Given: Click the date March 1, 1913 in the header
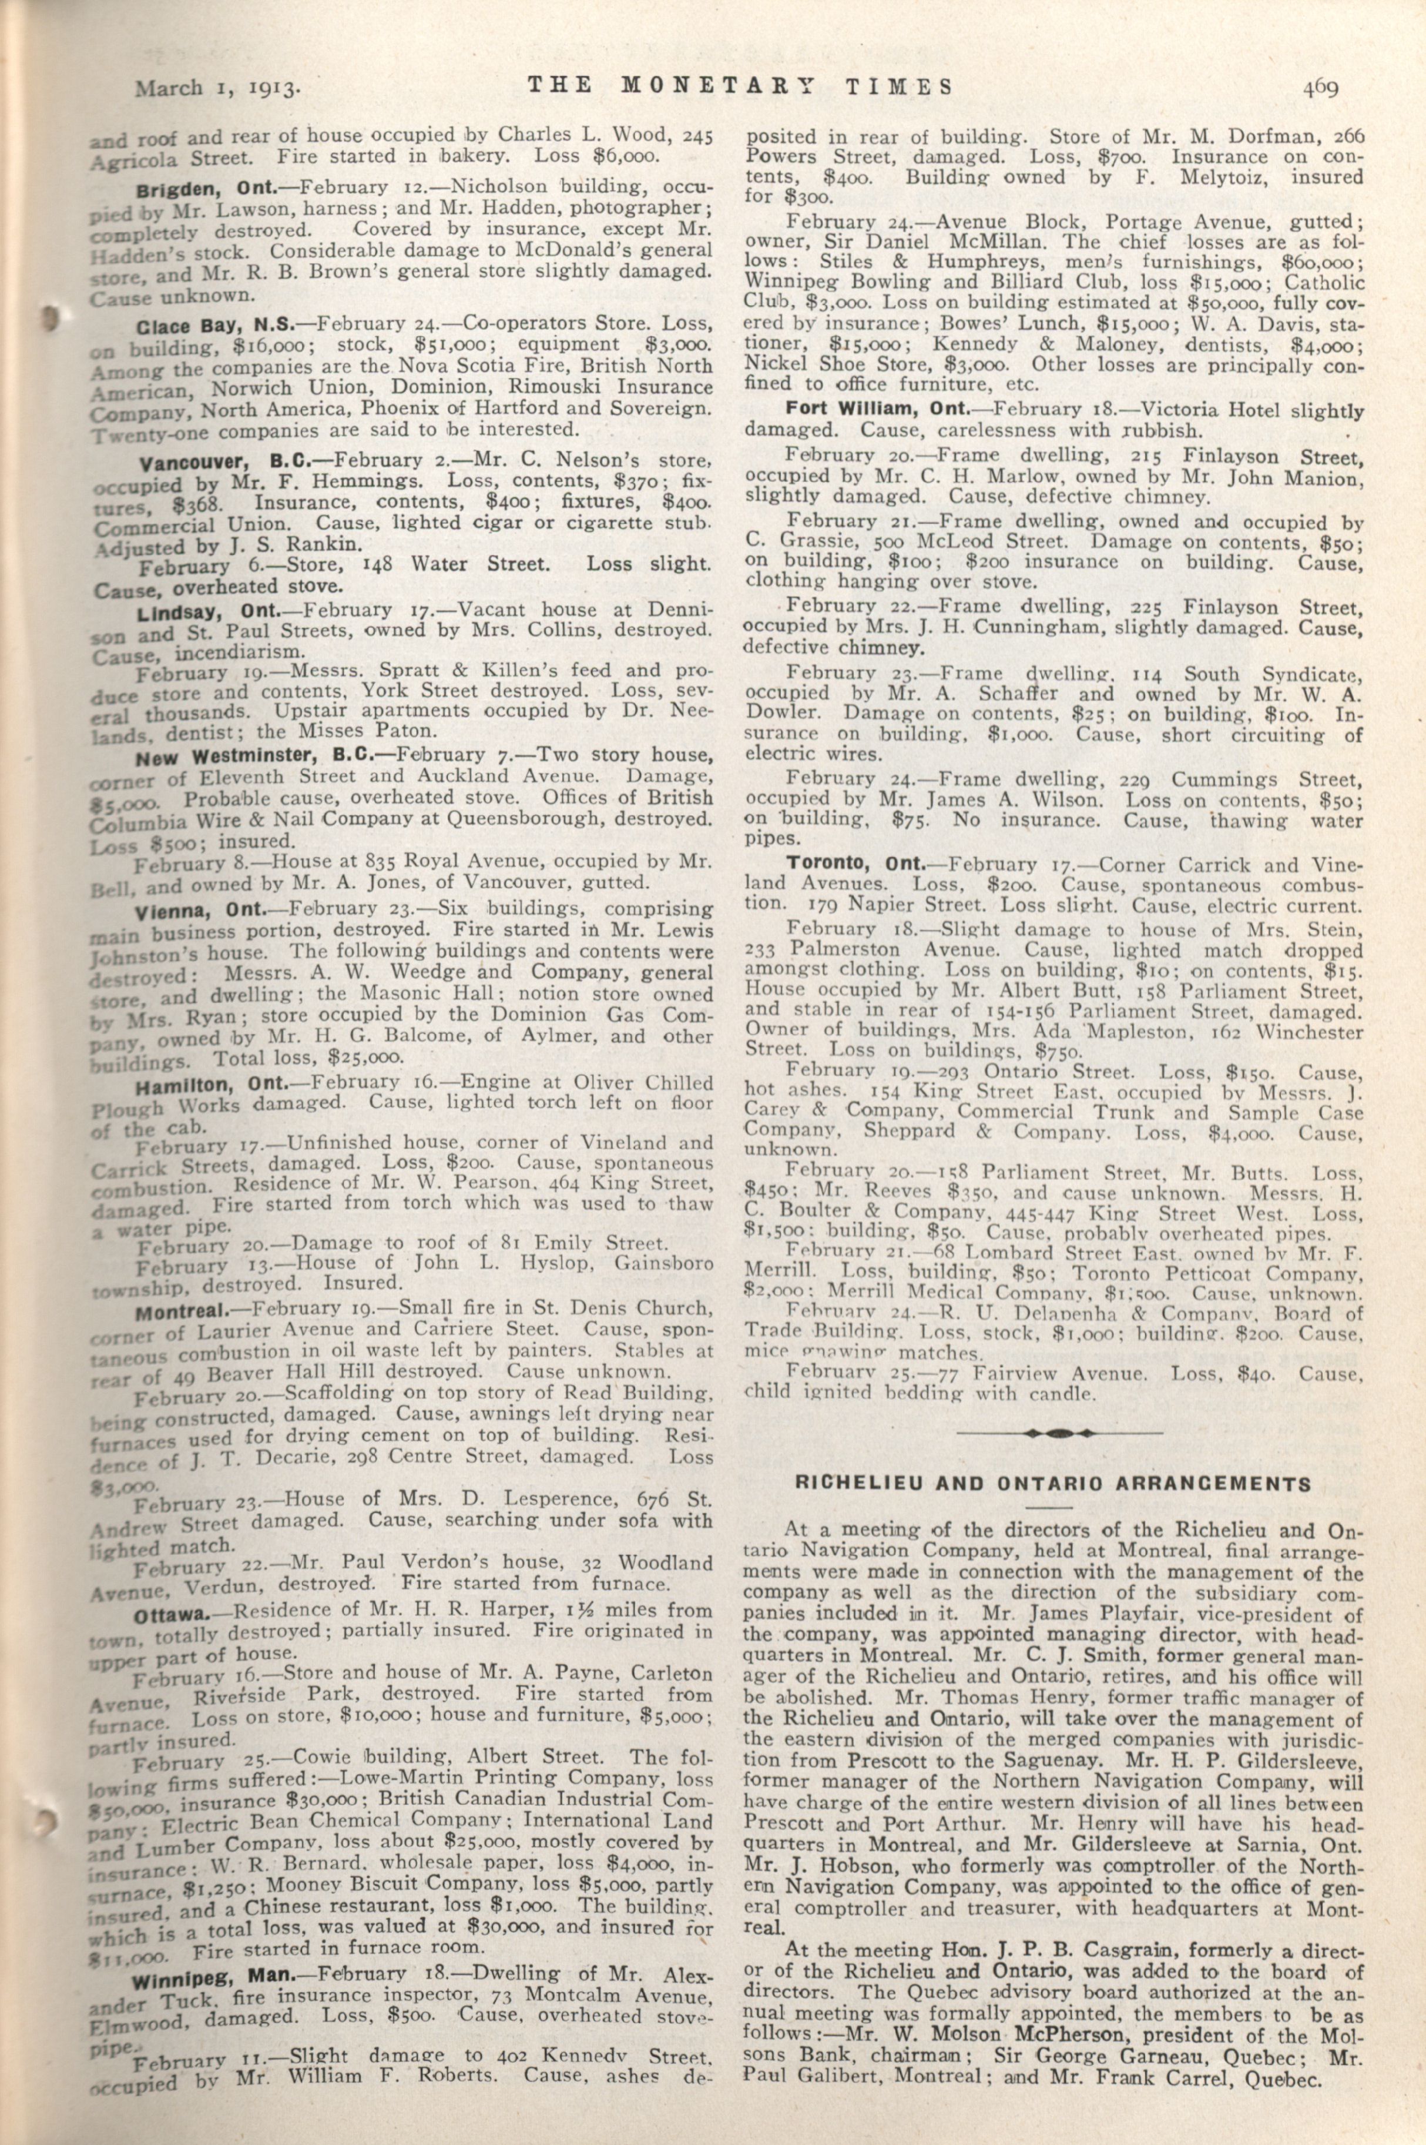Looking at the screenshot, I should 217,88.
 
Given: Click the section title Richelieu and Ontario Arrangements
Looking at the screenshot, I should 1053,1484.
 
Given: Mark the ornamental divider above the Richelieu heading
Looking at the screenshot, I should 1061,1432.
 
